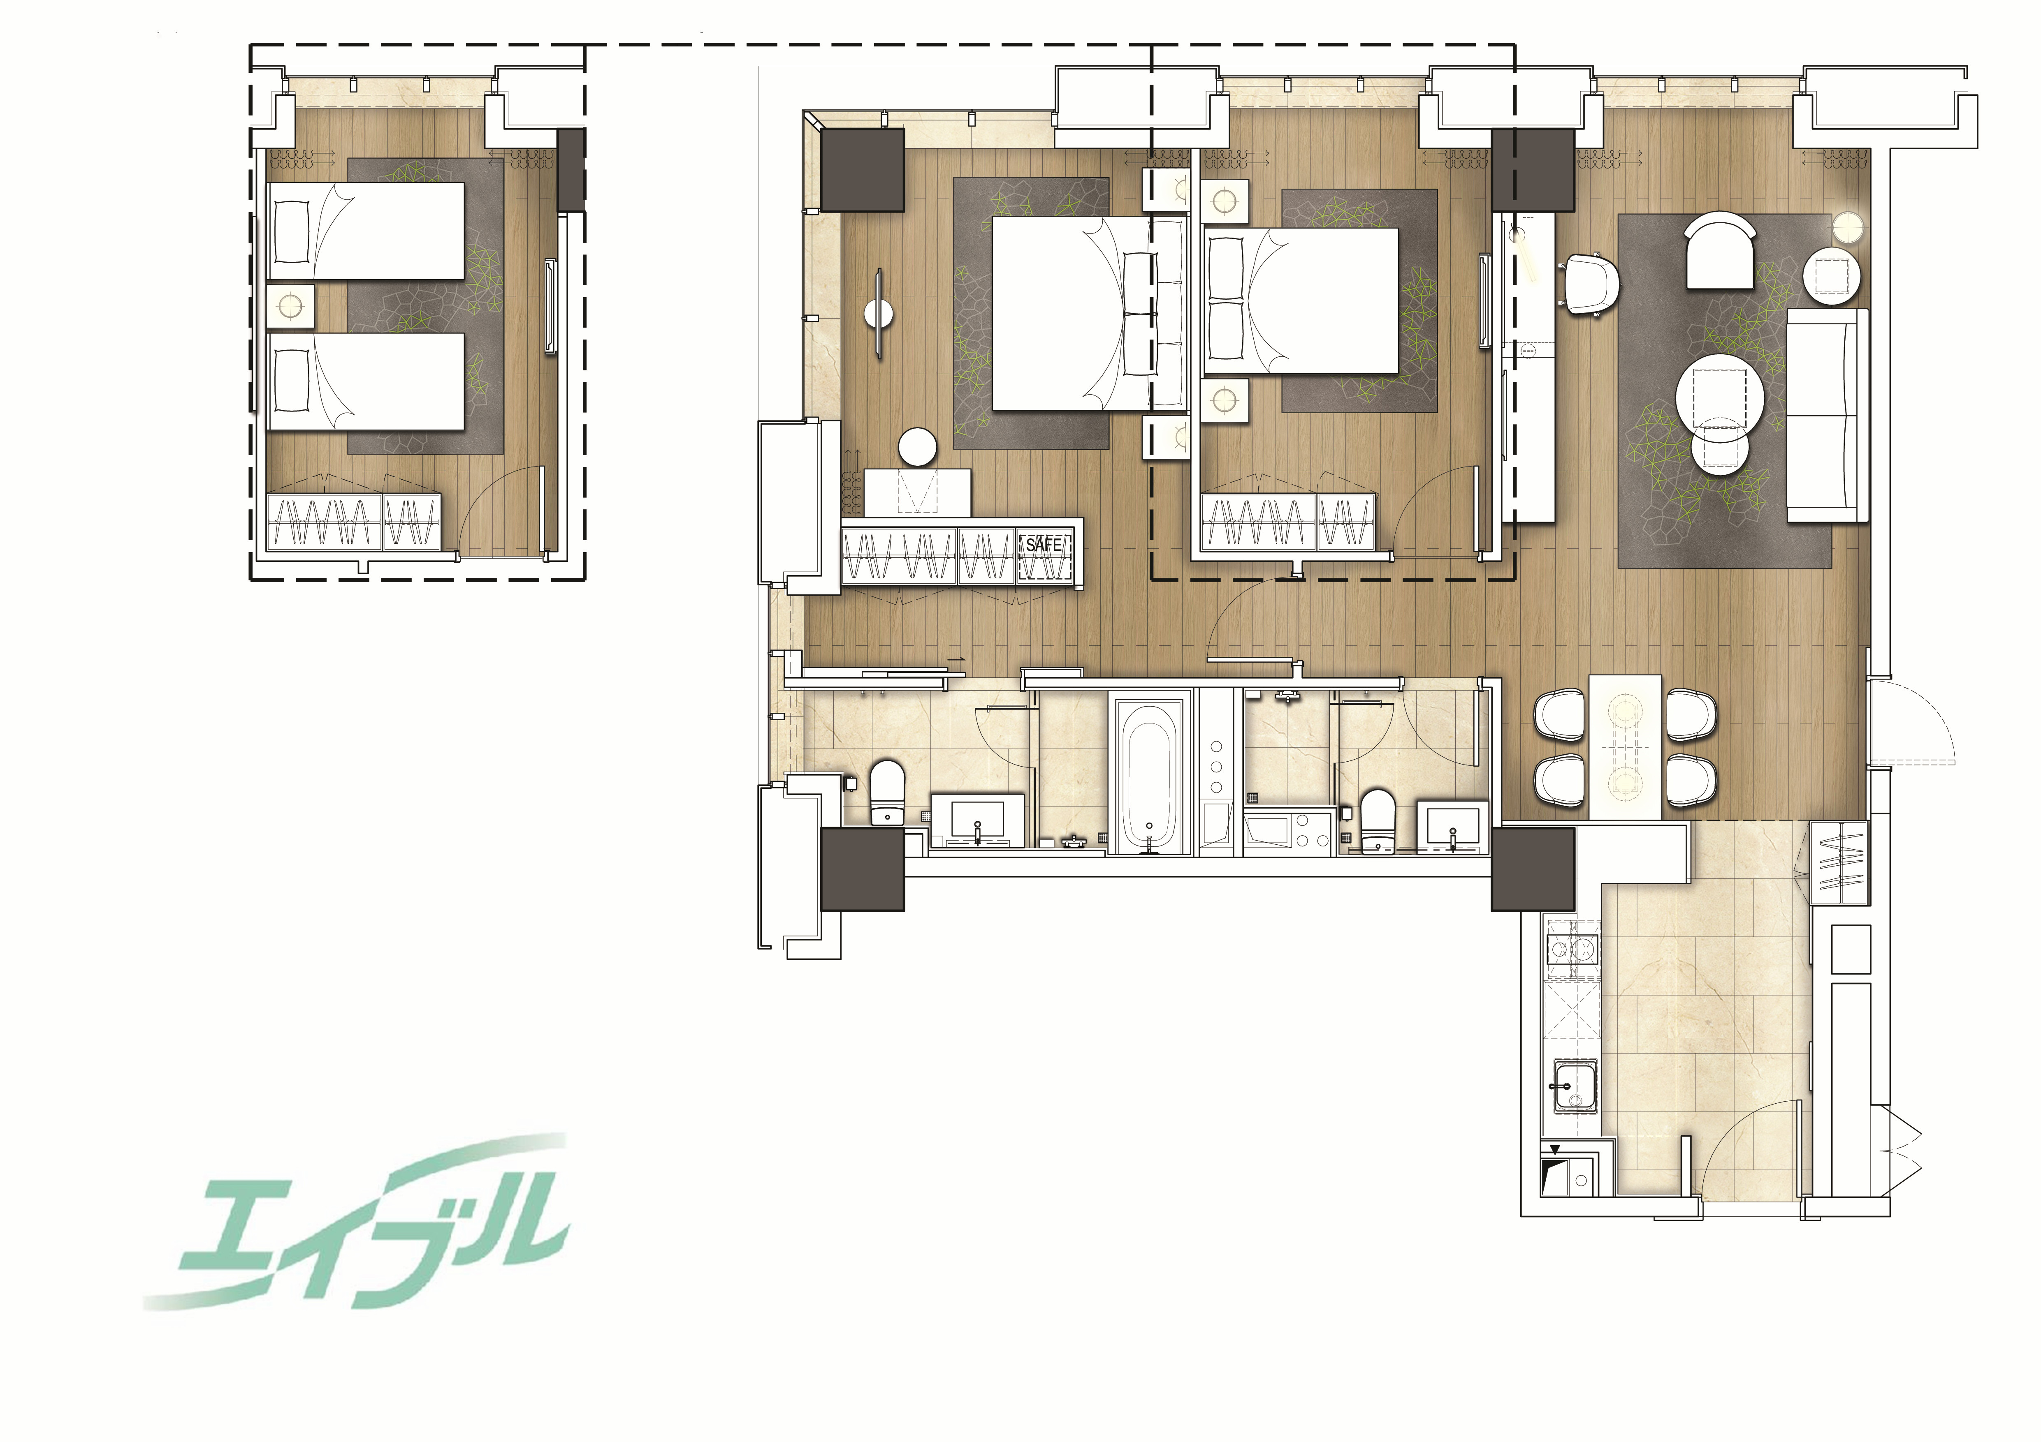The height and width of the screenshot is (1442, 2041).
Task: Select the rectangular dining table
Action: click(x=1624, y=746)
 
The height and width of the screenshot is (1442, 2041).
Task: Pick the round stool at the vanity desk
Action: click(x=918, y=448)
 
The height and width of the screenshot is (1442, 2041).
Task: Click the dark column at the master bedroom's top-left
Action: click(x=862, y=170)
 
